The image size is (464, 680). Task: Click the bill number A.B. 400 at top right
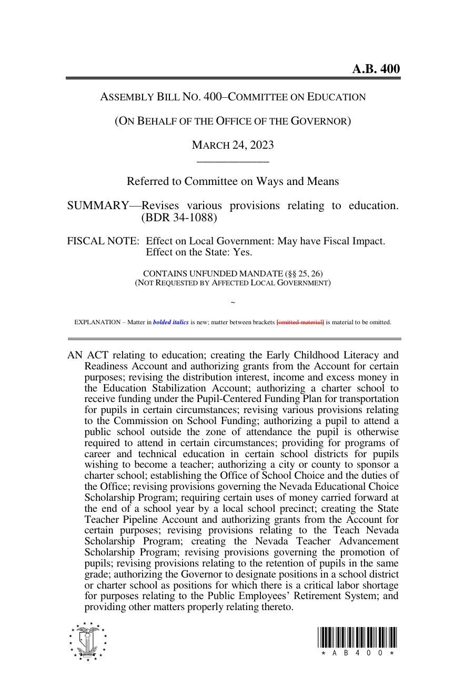click(x=376, y=69)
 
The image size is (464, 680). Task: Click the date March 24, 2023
click(x=233, y=145)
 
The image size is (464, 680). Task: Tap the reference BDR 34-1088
click(x=179, y=217)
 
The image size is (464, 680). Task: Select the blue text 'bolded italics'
click(x=171, y=322)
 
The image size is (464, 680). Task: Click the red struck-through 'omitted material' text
click(x=300, y=322)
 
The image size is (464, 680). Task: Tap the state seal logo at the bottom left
click(x=88, y=641)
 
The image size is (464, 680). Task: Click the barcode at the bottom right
click(x=357, y=638)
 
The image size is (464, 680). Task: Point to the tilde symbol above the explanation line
click(x=233, y=303)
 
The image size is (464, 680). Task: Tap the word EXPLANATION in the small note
click(x=97, y=322)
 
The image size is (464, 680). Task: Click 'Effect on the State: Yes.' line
click(x=199, y=252)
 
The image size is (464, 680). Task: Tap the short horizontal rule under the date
click(x=233, y=161)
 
